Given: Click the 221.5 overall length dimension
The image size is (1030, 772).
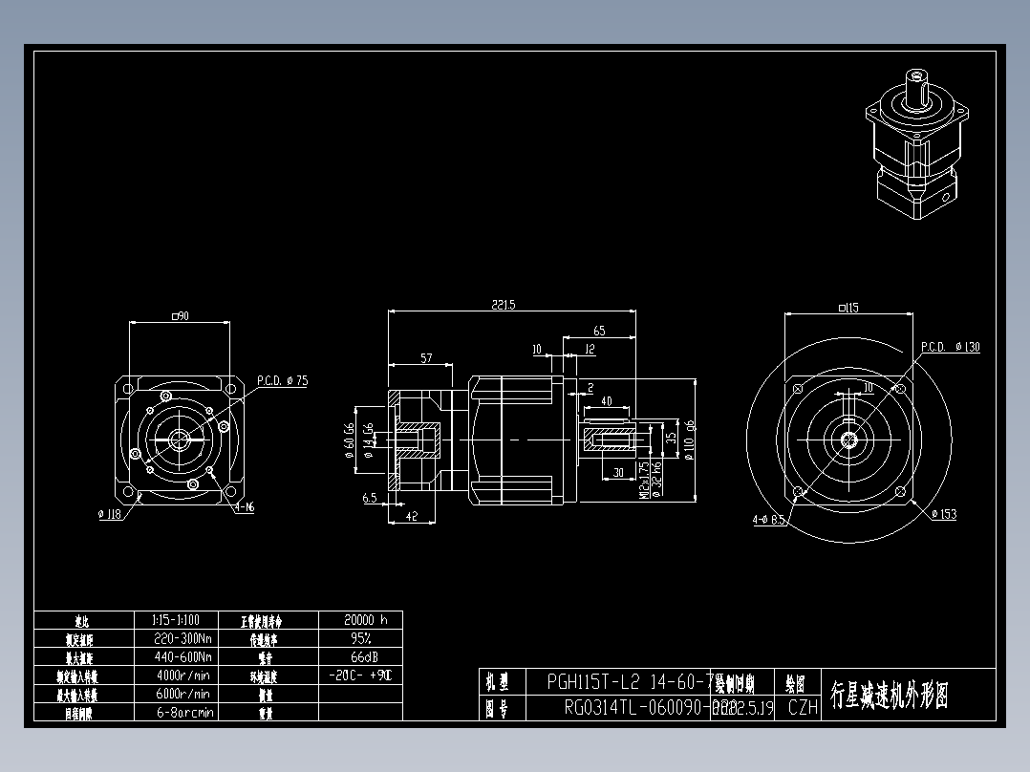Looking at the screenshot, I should pyautogui.click(x=504, y=305).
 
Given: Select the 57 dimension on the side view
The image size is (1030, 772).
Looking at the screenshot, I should pyautogui.click(x=427, y=358).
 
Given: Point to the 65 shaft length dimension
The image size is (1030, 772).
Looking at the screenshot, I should pyautogui.click(x=599, y=331).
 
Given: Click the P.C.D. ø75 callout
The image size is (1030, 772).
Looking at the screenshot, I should pyautogui.click(x=282, y=380).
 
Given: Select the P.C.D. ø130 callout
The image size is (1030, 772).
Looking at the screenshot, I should pyautogui.click(x=951, y=347).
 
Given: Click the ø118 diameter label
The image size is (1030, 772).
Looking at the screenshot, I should pyautogui.click(x=111, y=514).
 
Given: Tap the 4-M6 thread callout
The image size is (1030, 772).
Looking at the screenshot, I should pyautogui.click(x=244, y=506).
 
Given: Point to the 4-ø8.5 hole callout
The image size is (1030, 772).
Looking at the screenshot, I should pyautogui.click(x=769, y=521).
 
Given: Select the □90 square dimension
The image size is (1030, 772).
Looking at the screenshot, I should pyautogui.click(x=178, y=315).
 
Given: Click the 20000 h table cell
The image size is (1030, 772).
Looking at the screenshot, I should pyautogui.click(x=360, y=619).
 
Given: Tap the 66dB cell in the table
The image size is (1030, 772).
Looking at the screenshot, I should pyautogui.click(x=360, y=656).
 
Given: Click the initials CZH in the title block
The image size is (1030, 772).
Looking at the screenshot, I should pyautogui.click(x=802, y=708).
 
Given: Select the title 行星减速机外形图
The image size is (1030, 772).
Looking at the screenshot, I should pyautogui.click(x=889, y=695).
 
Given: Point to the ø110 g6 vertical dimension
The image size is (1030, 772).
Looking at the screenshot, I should pyautogui.click(x=689, y=440).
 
